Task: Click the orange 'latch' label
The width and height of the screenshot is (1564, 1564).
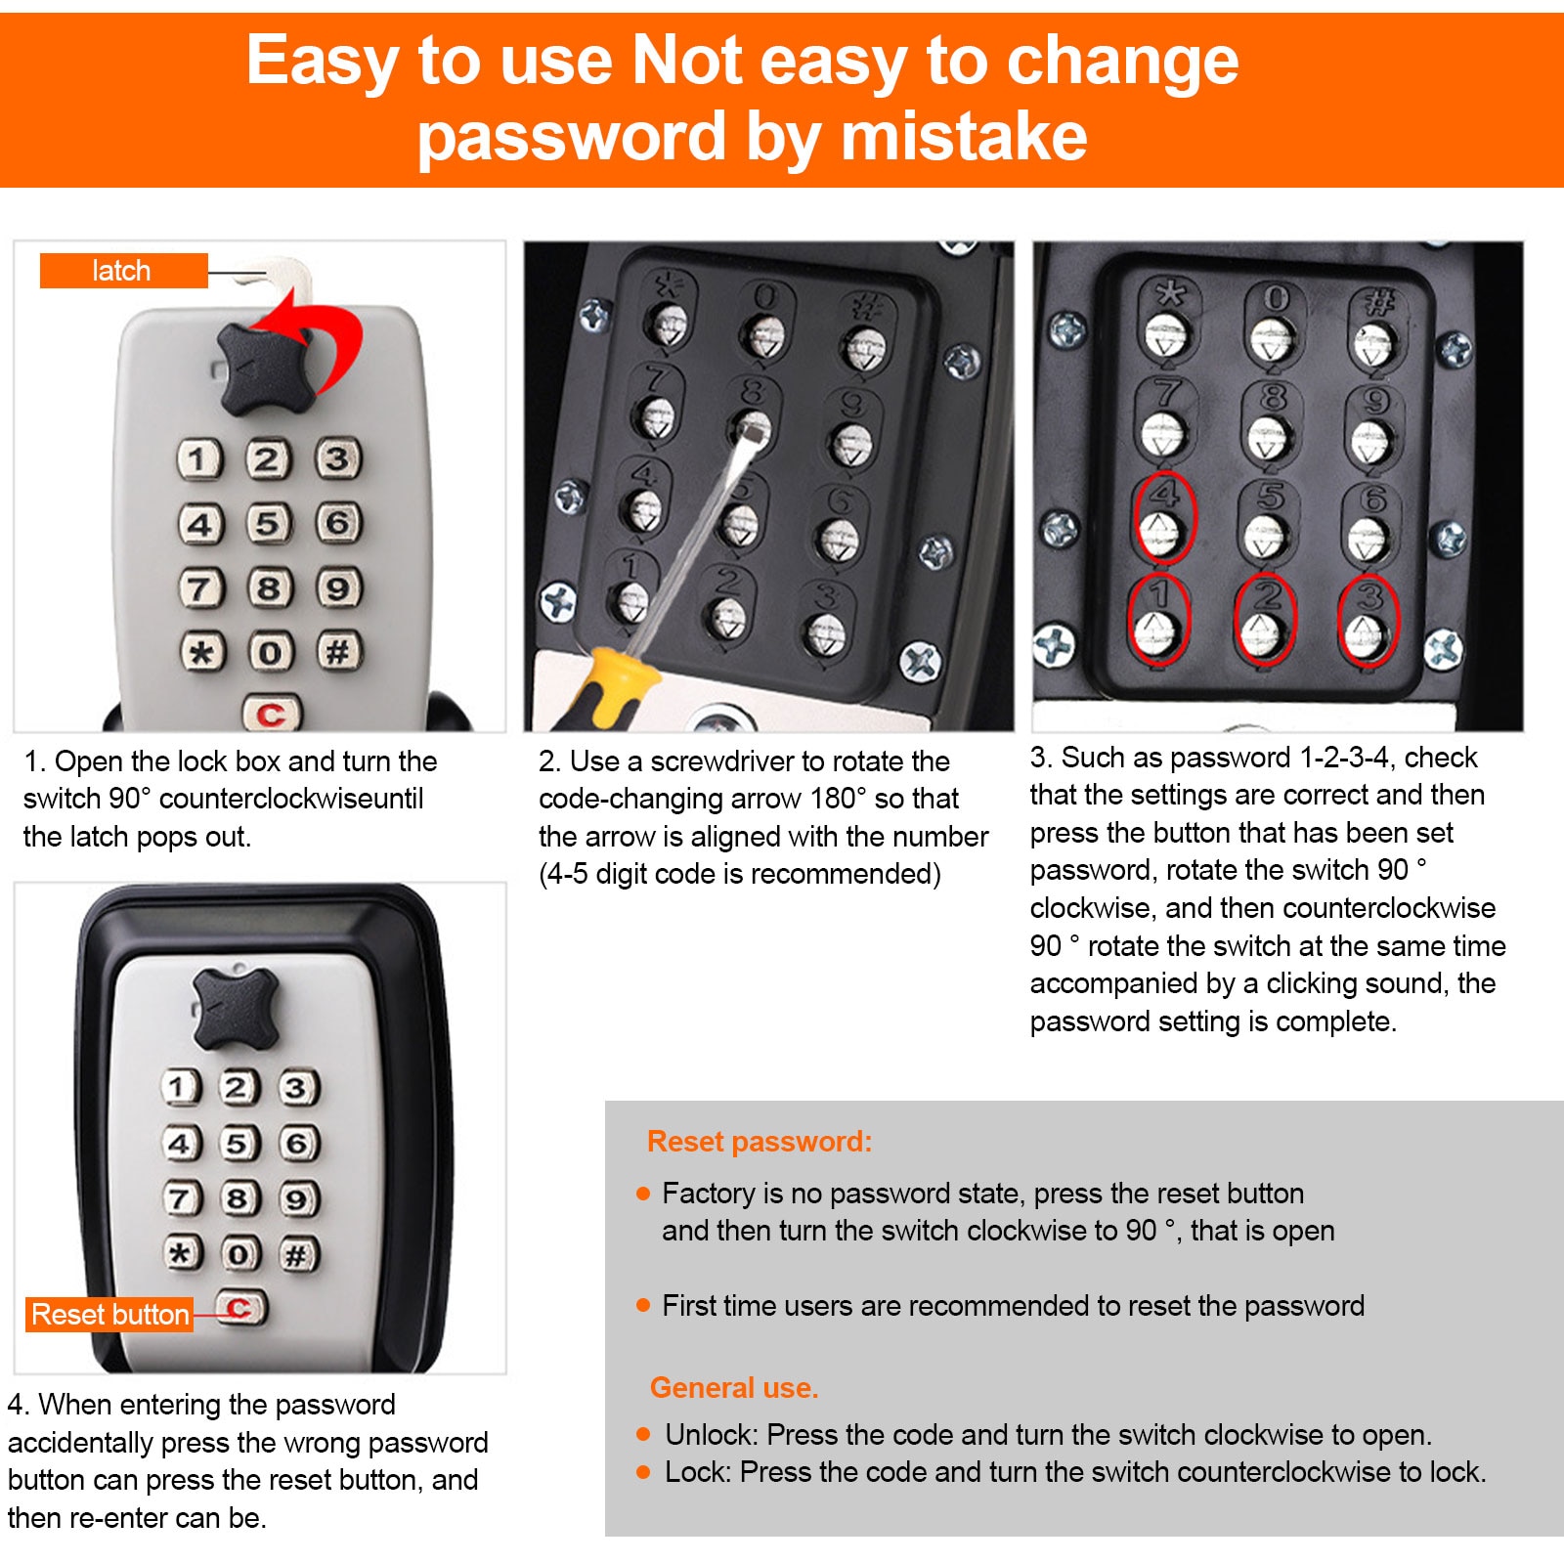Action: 123,271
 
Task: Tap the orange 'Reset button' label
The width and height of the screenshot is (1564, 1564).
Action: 109,1315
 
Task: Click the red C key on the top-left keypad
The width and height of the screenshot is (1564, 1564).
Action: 272,715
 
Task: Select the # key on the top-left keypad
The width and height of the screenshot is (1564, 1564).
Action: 338,651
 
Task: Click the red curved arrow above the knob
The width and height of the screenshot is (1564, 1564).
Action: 313,337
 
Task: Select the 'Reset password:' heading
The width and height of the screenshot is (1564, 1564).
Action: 760,1142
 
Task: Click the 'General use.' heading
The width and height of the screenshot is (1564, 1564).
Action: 734,1387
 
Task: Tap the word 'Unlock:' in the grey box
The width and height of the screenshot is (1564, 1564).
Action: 712,1435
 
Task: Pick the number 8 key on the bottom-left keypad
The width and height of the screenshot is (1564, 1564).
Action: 239,1198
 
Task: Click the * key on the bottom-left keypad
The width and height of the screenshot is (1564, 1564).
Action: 182,1252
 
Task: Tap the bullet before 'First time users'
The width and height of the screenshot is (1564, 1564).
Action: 643,1305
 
